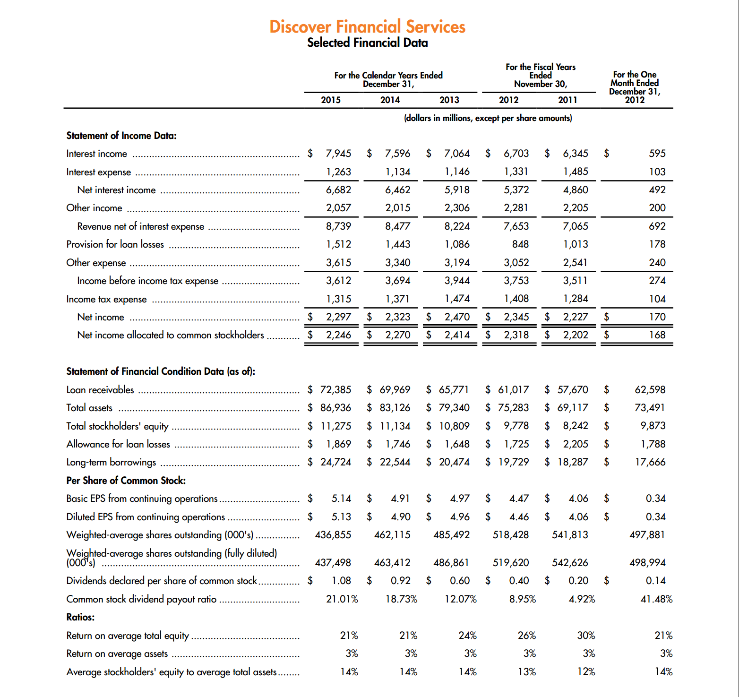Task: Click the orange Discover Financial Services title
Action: click(x=367, y=26)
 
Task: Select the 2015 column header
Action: click(x=331, y=100)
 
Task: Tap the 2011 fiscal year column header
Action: click(x=567, y=100)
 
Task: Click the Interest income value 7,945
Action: click(x=338, y=154)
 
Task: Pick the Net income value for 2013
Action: click(x=457, y=317)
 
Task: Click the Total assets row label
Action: click(x=89, y=408)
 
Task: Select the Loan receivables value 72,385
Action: click(x=335, y=390)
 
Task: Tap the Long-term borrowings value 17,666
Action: click(x=650, y=462)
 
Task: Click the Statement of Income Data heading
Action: click(x=121, y=136)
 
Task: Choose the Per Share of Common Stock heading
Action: click(x=126, y=481)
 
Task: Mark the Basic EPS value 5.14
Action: click(x=341, y=499)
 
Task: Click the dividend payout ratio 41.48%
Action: click(x=656, y=599)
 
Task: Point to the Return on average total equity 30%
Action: click(x=586, y=636)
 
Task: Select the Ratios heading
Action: click(x=80, y=617)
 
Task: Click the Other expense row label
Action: click(x=96, y=263)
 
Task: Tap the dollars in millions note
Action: click(x=488, y=118)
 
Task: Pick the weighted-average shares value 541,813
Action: click(x=570, y=535)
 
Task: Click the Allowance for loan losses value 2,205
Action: click(x=575, y=444)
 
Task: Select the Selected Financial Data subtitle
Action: click(x=367, y=43)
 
